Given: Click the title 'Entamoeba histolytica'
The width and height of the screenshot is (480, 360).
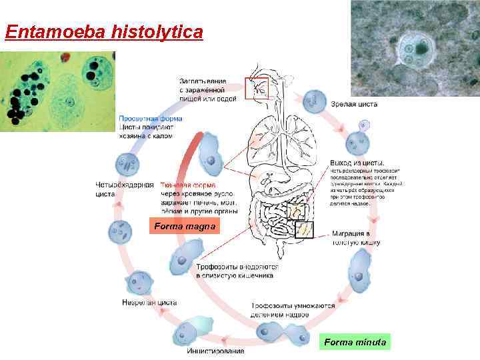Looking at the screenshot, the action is point(103,31).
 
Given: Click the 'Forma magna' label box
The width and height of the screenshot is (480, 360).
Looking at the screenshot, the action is point(185,227).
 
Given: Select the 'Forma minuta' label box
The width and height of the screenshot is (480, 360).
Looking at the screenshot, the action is point(354,342).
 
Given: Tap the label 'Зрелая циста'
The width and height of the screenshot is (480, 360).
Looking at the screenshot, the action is point(354,105).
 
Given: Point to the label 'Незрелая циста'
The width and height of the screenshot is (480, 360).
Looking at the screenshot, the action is point(149,302).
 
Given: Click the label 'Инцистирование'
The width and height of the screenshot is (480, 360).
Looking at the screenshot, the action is point(215,351).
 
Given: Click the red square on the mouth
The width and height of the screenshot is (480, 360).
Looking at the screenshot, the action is point(256,88).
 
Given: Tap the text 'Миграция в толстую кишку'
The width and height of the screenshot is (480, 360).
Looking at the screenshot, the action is point(355,239).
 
